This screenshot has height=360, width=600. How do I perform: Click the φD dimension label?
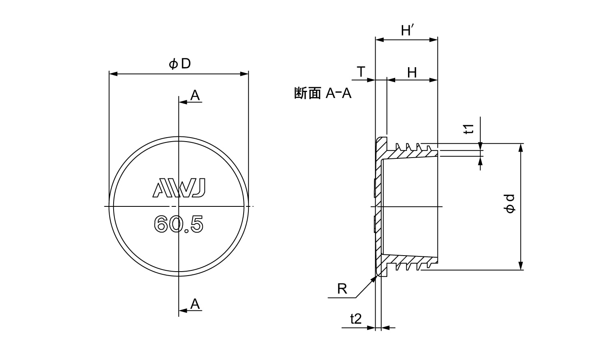tap(180, 64)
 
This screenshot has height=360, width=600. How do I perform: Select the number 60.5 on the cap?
tap(179, 224)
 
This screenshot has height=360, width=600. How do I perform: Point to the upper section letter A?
tap(195, 95)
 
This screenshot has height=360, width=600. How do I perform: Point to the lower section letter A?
tap(195, 304)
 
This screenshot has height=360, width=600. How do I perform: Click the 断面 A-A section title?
tap(322, 94)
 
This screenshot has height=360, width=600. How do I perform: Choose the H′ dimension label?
tap(408, 30)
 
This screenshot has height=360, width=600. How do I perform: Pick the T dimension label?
tap(361, 72)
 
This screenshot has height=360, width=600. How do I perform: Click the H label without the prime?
tap(412, 73)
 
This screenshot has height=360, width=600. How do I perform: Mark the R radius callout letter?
tap(342, 289)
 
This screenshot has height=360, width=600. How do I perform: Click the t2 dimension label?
tap(356, 319)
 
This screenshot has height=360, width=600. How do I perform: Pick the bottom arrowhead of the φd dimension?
tap(521, 266)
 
